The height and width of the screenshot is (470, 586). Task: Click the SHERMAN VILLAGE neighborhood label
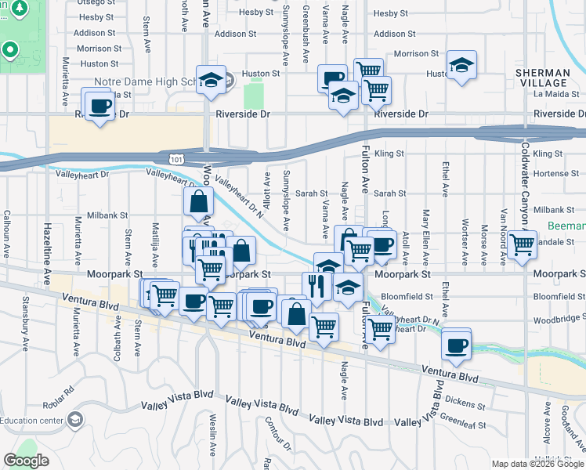[x=542, y=78]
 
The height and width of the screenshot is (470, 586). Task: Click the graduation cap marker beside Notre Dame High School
[x=211, y=80]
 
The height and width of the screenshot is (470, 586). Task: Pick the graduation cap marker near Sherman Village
[x=461, y=66]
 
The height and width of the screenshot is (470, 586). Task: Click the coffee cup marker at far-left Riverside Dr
[x=99, y=107]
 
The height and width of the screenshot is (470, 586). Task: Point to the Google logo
[x=26, y=461]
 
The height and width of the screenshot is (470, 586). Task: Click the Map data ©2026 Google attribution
[x=537, y=464]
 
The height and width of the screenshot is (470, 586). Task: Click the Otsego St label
[x=96, y=2]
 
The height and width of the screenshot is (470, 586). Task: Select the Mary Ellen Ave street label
[x=426, y=226]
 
